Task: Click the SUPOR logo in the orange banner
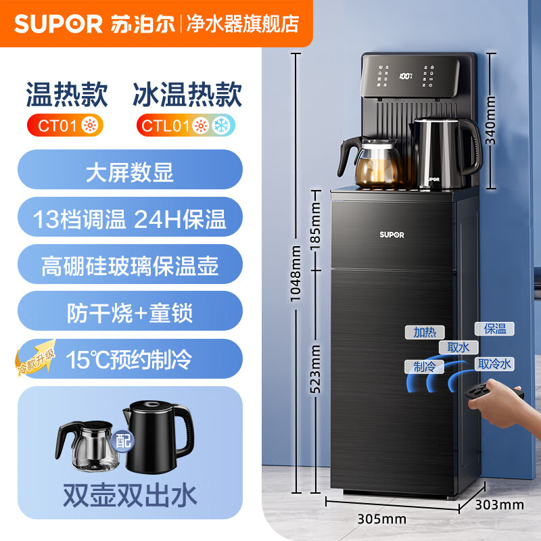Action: (58, 23)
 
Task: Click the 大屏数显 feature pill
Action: (129, 170)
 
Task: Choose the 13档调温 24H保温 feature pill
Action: (129, 218)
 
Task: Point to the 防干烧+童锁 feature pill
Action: (129, 312)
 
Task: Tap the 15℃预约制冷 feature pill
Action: (129, 358)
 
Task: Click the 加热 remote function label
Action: (426, 332)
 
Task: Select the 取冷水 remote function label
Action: (495, 364)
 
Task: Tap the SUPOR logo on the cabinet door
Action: (390, 235)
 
